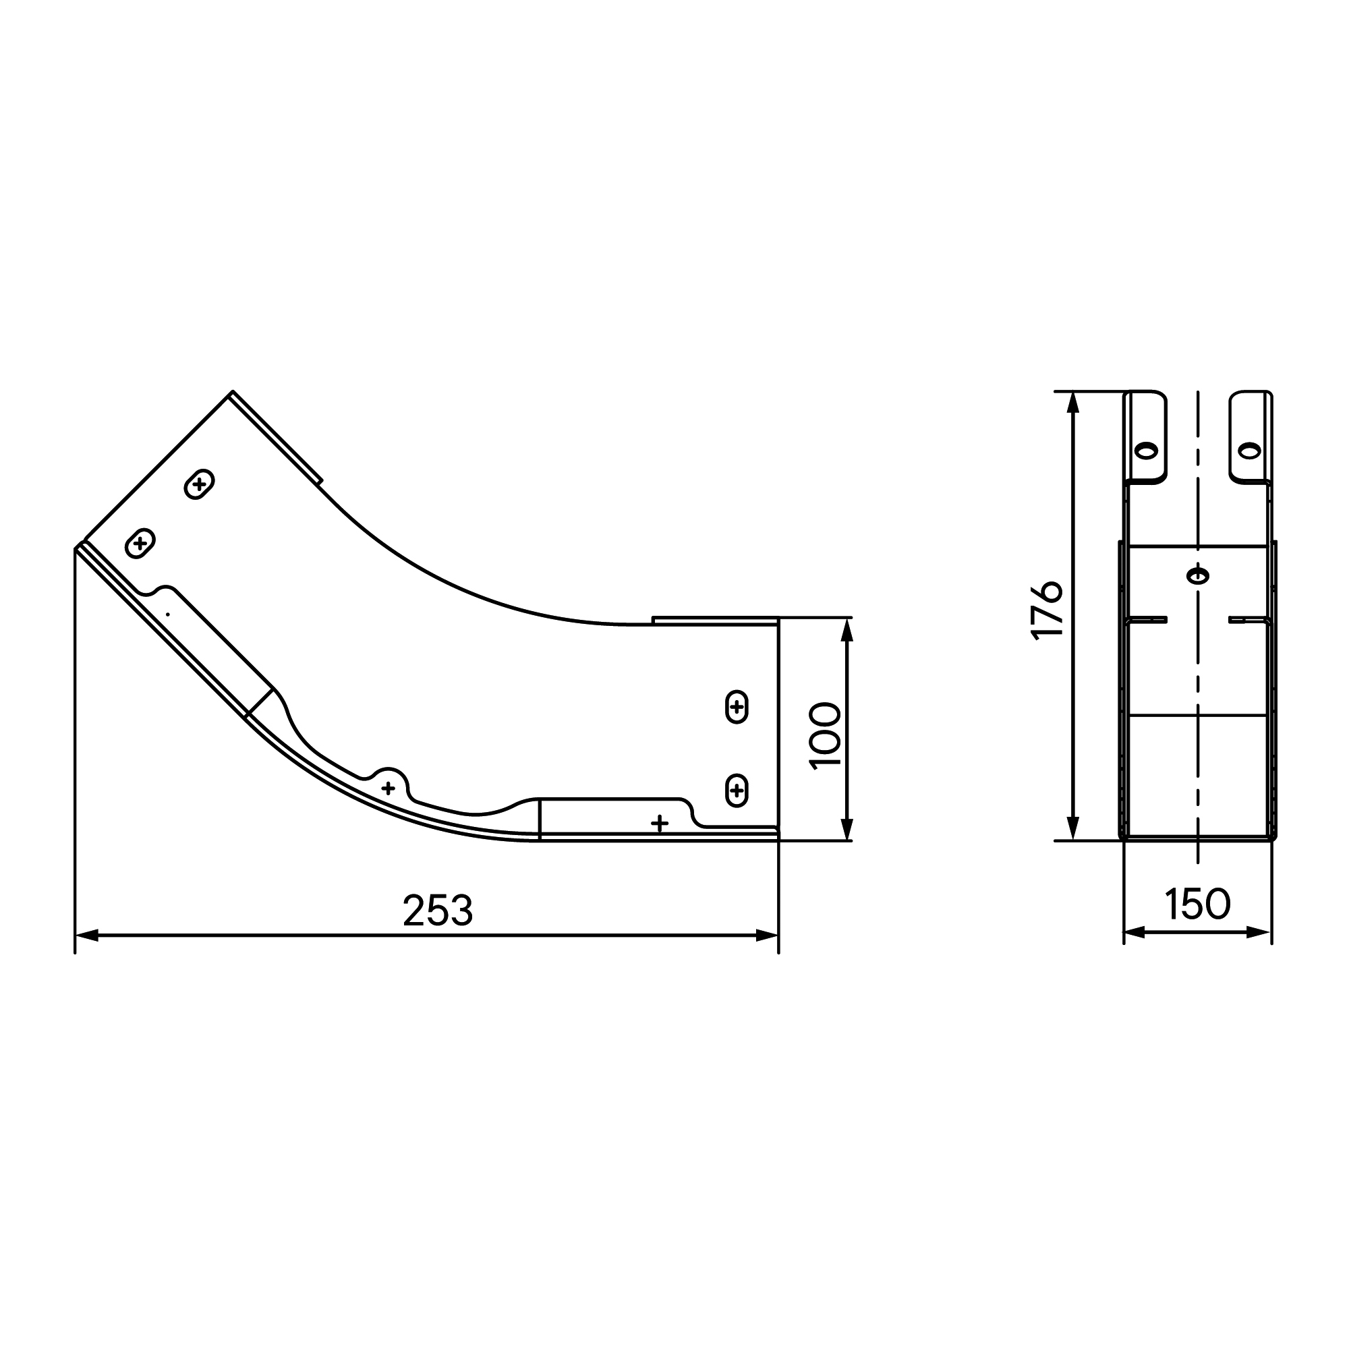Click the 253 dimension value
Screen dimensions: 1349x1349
pyautogui.click(x=438, y=911)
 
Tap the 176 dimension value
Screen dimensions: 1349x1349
pyautogui.click(x=1047, y=610)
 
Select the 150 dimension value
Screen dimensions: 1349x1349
pyautogui.click(x=1197, y=904)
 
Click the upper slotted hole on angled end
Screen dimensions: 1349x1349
pyautogui.click(x=199, y=484)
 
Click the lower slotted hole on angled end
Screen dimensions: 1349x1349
pyautogui.click(x=140, y=542)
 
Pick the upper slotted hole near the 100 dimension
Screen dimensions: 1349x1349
pyautogui.click(x=737, y=708)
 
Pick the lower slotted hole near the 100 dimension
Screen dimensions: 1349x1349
pyautogui.click(x=737, y=791)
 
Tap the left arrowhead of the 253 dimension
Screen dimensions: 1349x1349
pyautogui.click(x=85, y=936)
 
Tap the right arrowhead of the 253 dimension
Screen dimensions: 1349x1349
pyautogui.click(x=768, y=936)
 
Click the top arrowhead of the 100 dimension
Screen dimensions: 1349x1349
pyautogui.click(x=847, y=629)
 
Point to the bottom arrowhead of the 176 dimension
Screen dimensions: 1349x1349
pyautogui.click(x=1074, y=829)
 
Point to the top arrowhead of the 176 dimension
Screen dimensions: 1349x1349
pyautogui.click(x=1074, y=403)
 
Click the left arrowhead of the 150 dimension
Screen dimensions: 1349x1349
pyautogui.click(x=1134, y=931)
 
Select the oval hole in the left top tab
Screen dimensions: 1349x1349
pyautogui.click(x=1146, y=451)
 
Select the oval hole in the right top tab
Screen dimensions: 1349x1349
pyautogui.click(x=1249, y=451)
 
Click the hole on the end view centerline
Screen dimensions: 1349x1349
pyautogui.click(x=1197, y=576)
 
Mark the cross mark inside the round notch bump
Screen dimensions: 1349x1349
pyautogui.click(x=389, y=788)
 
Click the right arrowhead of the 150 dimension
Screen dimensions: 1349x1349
pyautogui.click(x=1261, y=931)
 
